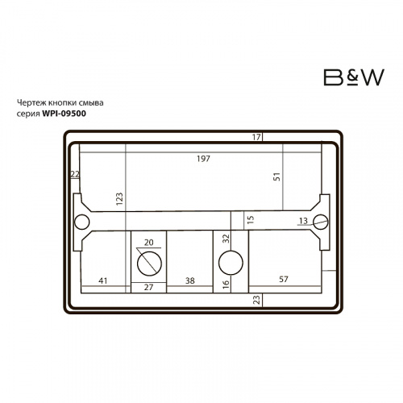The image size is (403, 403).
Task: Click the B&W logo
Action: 354,77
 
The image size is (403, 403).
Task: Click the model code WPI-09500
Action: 64,114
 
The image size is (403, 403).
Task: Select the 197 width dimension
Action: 203,159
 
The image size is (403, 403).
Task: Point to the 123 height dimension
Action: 119,199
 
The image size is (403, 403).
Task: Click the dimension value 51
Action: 276,177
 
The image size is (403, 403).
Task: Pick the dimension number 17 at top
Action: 256,137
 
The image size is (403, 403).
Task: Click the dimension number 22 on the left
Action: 75,174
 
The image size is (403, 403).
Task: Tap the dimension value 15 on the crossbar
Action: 251,219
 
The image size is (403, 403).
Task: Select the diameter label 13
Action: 303,221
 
